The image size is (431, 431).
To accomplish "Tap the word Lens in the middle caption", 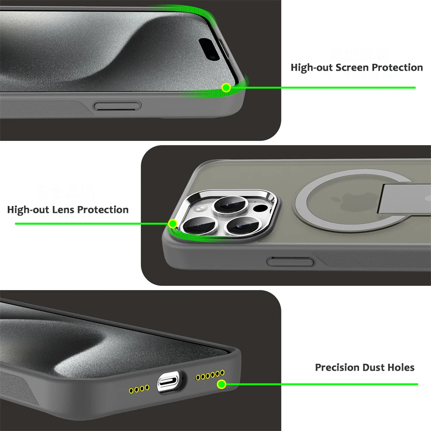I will coord(66,210).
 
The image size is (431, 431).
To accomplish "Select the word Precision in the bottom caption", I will coord(337,368).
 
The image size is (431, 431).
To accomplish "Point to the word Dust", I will coord(373,368).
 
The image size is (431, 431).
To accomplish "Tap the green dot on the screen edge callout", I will coord(226,88).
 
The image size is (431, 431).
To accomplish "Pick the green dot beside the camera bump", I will coord(173,223).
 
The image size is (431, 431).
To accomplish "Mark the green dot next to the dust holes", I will coord(221,384).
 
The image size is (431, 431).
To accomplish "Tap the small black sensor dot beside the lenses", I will coord(260,210).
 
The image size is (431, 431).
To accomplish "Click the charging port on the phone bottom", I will coord(171,381).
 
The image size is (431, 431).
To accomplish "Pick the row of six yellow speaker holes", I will coord(210,375).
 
